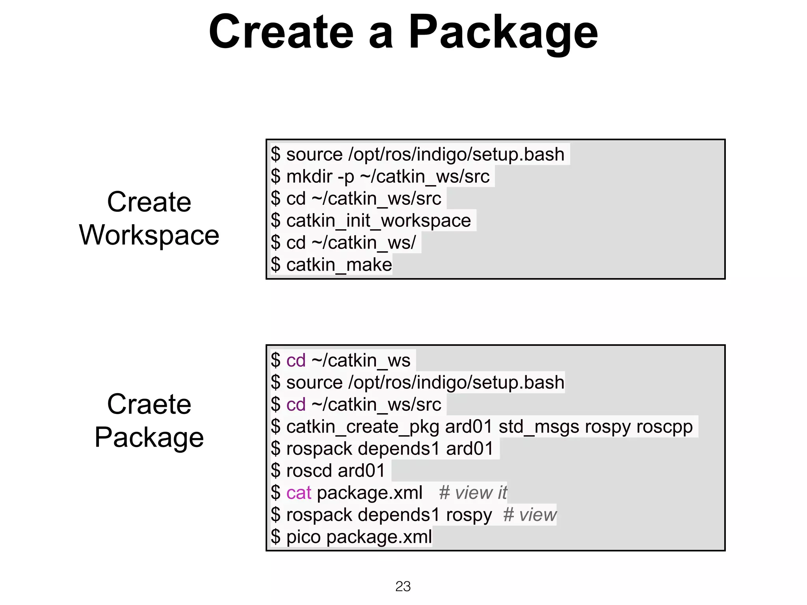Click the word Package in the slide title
(x=503, y=32)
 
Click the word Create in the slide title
(x=281, y=32)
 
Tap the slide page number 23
(x=403, y=586)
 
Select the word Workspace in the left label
(x=149, y=235)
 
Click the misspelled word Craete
(x=149, y=404)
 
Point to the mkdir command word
(x=309, y=176)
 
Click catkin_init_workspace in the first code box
(x=378, y=221)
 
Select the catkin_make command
(x=339, y=265)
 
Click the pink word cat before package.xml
(x=299, y=493)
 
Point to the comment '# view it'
(x=472, y=493)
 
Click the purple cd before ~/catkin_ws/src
(x=296, y=405)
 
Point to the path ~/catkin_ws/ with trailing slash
(x=363, y=243)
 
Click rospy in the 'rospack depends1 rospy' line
(x=469, y=515)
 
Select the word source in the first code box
(x=314, y=154)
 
